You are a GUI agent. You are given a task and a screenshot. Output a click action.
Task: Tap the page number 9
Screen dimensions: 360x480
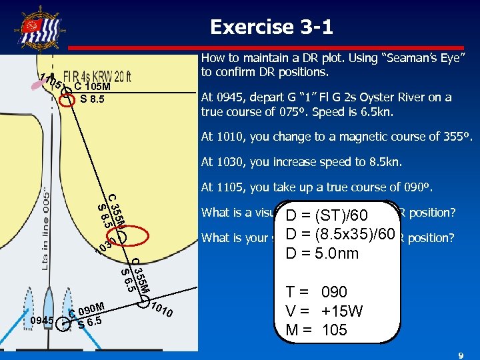tap(460, 356)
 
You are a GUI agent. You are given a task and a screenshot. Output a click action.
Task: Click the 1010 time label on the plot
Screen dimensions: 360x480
tap(163, 310)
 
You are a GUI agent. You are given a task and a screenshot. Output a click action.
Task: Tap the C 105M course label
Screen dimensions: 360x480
tap(92, 85)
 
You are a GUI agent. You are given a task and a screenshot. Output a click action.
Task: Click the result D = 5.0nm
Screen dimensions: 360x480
tap(321, 254)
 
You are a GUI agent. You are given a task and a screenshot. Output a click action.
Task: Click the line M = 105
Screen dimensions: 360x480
tap(316, 329)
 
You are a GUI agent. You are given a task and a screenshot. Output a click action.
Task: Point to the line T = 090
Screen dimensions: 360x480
tap(316, 292)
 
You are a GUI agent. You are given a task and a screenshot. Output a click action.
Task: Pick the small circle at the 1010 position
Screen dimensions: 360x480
tap(142, 303)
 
